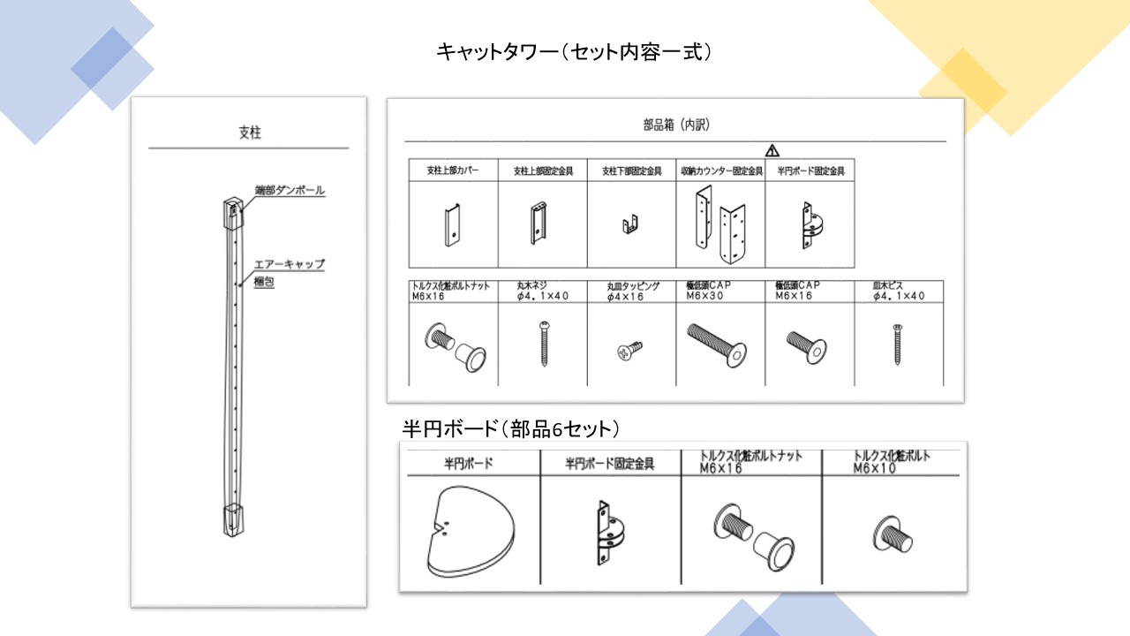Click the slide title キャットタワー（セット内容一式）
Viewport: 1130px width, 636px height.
click(x=574, y=52)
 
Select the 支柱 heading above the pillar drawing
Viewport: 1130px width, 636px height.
click(x=250, y=132)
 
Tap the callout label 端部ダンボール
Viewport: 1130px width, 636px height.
click(x=290, y=191)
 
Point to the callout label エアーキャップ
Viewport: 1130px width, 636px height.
click(x=289, y=264)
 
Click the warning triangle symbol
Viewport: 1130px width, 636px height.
click(x=772, y=150)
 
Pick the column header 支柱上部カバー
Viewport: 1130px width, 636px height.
click(x=453, y=171)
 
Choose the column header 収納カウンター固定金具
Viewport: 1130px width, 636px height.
click(x=721, y=171)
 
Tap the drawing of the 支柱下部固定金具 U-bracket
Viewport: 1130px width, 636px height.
click(x=631, y=227)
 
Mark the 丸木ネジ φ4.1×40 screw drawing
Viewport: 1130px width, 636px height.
click(x=542, y=344)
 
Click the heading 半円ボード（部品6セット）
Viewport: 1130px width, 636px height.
click(x=510, y=429)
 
